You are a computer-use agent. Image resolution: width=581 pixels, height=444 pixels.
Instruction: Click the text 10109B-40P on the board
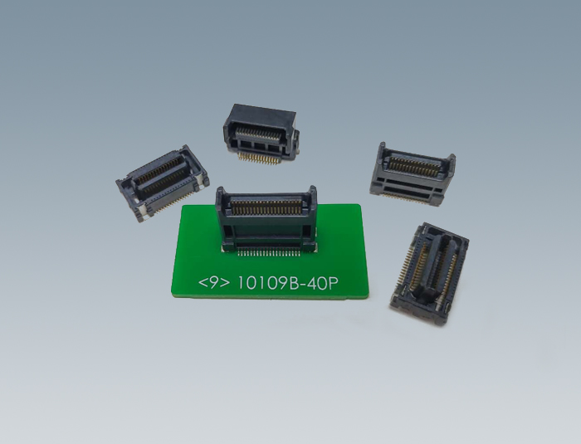tap(287, 284)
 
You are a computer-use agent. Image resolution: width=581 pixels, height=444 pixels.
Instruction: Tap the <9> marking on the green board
tap(214, 283)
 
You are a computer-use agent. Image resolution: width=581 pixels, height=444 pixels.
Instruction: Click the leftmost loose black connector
tap(163, 183)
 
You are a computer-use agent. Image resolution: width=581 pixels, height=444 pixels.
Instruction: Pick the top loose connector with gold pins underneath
tap(261, 134)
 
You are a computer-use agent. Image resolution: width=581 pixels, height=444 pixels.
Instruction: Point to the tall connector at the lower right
tap(430, 274)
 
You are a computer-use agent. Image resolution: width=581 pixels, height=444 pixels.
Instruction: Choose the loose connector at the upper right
tap(413, 174)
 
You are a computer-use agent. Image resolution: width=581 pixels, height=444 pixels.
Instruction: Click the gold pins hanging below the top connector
tap(258, 159)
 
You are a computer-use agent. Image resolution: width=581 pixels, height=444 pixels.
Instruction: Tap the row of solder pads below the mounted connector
tap(268, 253)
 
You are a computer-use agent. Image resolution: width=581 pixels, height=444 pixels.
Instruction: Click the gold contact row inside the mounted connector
tap(266, 207)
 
